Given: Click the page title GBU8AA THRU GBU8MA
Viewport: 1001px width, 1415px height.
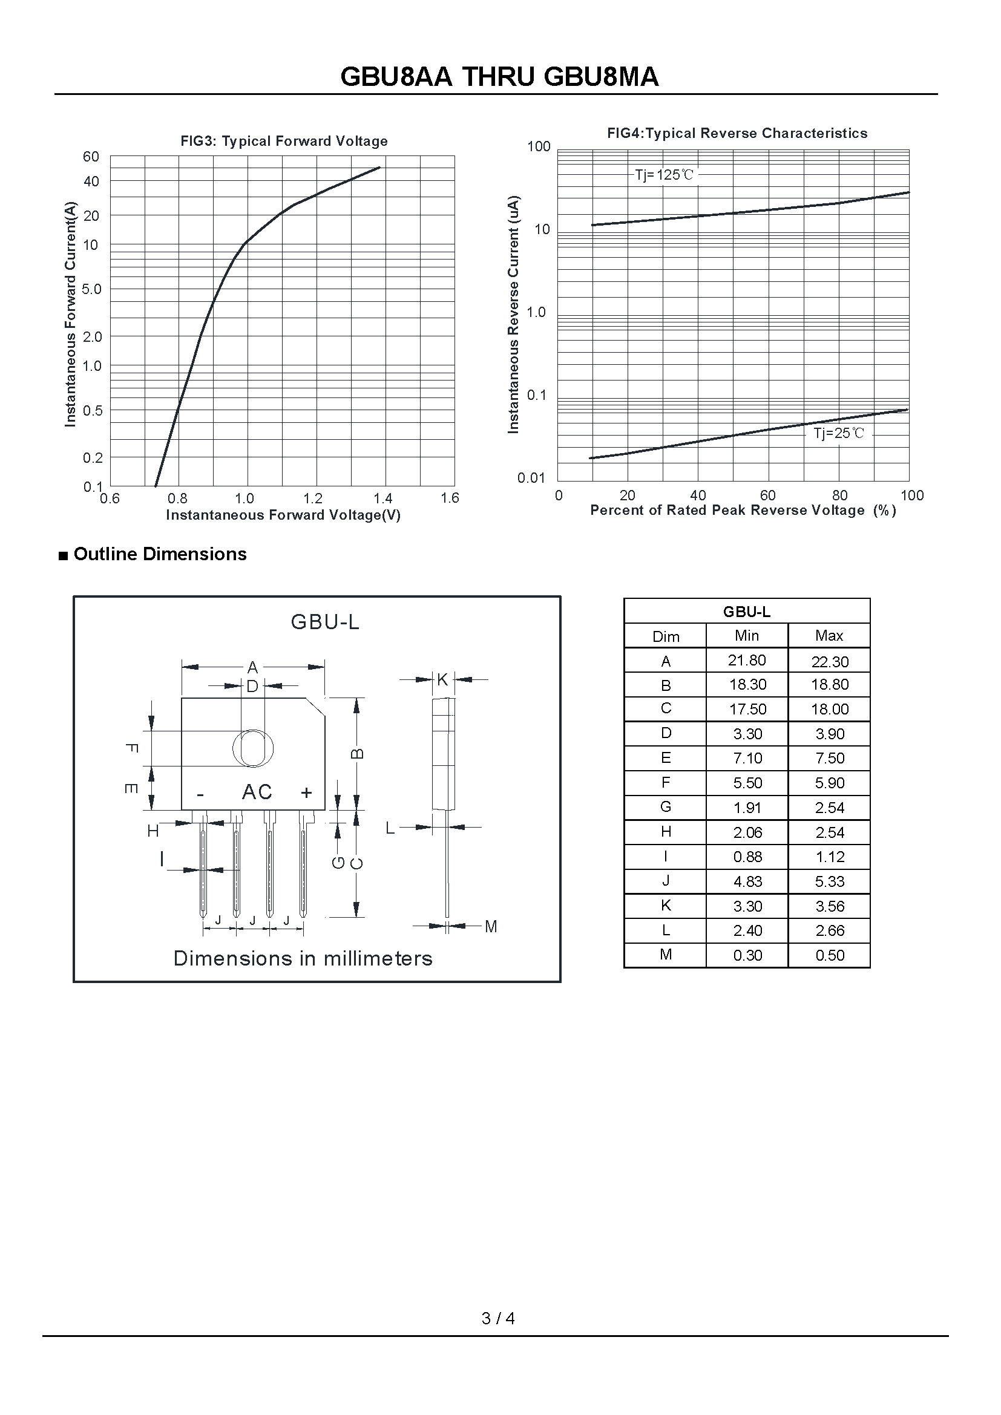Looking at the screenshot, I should pos(499,77).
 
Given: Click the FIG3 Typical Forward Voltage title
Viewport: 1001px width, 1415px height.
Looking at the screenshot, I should pos(284,141).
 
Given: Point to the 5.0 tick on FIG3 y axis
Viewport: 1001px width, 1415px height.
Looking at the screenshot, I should pos(91,289).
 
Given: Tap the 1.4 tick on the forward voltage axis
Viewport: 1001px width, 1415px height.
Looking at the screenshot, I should pos(382,498).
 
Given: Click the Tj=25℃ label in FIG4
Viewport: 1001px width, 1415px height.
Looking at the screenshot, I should pos(839,433).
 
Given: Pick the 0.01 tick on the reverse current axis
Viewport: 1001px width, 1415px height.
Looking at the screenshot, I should pos(531,478).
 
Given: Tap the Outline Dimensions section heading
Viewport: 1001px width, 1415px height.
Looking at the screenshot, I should pos(160,554).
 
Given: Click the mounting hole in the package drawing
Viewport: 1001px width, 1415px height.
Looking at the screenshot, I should pos(253,748).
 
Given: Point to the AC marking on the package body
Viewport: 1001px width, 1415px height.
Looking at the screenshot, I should pos(257,792).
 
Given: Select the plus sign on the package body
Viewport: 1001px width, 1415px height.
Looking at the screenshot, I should pos(306,792).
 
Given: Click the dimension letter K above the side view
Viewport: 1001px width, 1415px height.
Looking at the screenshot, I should pos(442,679).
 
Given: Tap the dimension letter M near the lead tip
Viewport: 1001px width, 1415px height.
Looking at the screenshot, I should pos(491,926).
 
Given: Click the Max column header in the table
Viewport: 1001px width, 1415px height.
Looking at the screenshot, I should pos(829,635).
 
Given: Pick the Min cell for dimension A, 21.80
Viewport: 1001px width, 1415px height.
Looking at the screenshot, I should pos(747,661).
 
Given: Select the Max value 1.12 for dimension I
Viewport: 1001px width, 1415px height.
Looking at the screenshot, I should pos(829,857).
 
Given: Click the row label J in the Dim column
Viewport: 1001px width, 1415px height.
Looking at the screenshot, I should pos(666,881).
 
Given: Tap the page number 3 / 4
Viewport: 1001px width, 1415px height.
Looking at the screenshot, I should pos(498,1318).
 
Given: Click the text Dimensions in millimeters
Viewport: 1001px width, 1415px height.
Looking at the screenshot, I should pos(303,958).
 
